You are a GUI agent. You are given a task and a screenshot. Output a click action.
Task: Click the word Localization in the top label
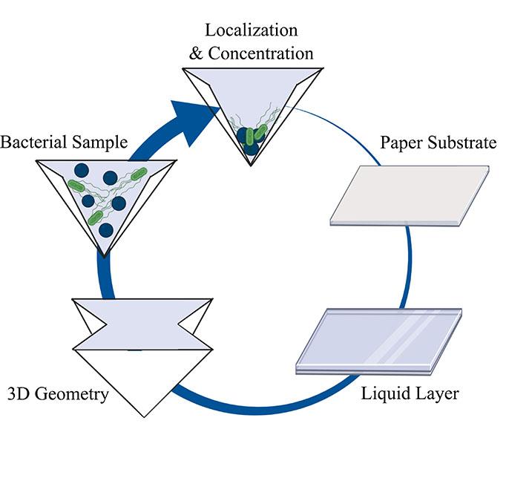tap(251, 30)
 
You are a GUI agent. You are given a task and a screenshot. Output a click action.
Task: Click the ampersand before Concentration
tap(195, 53)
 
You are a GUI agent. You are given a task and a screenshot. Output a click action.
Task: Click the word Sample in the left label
tap(102, 142)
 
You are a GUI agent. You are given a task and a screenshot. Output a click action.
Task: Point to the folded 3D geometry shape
tap(141, 349)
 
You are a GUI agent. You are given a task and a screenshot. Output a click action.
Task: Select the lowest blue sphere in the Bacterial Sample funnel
tap(106, 230)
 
